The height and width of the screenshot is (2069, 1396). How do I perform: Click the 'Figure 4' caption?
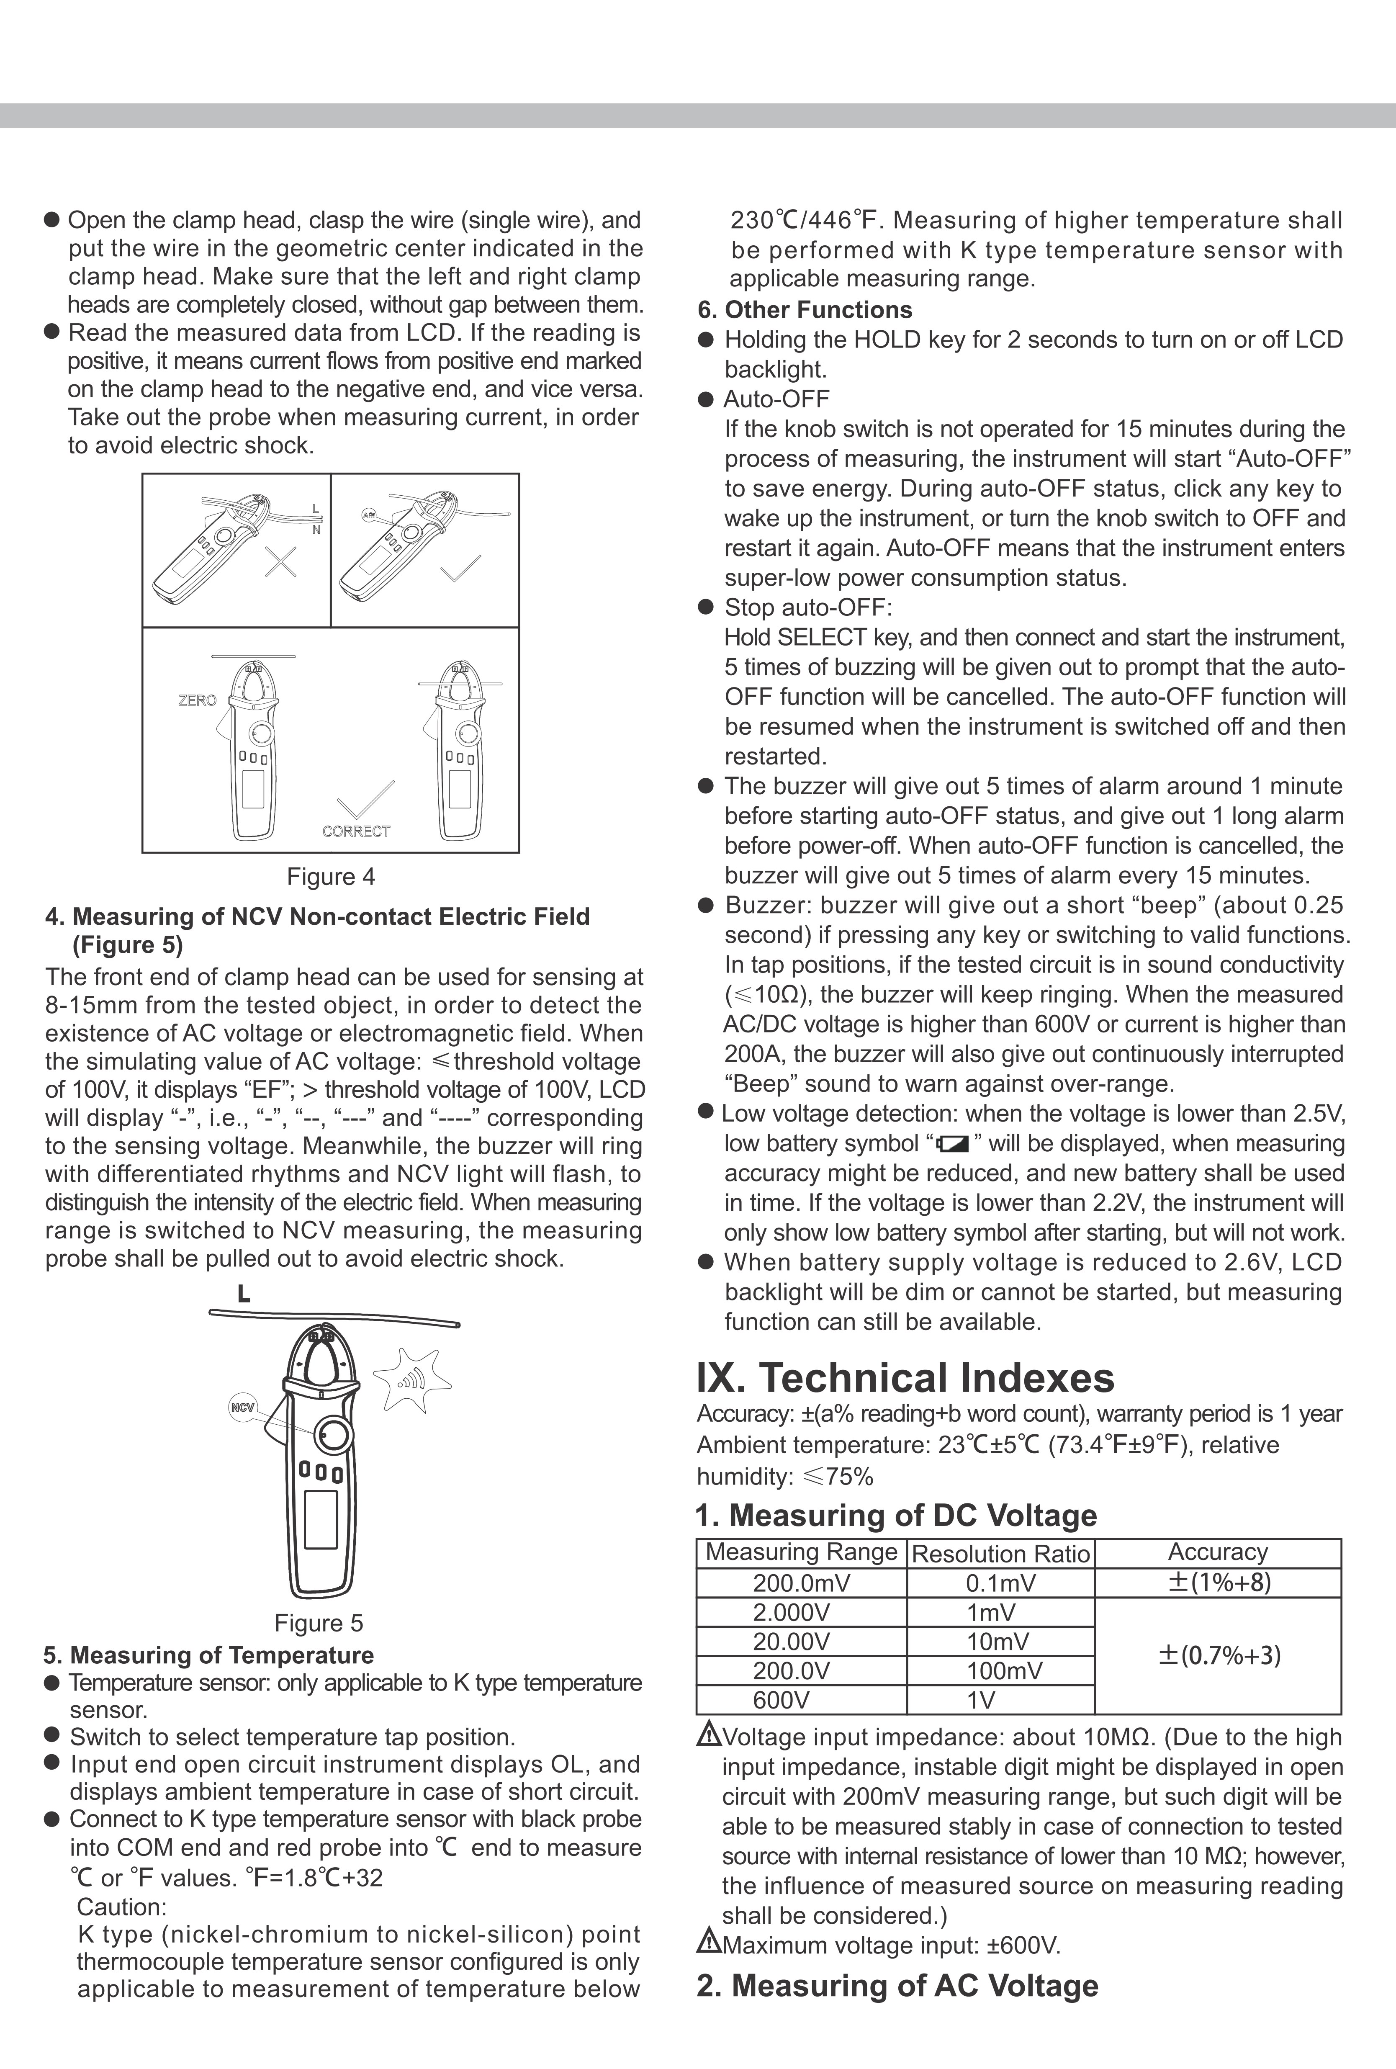coord(330,877)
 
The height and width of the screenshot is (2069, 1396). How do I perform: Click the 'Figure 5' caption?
coord(319,1623)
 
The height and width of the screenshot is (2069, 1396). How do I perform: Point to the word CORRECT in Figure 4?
coord(356,831)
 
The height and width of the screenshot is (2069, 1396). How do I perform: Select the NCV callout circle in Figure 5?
coord(242,1408)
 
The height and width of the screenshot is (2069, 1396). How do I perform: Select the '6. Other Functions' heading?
coord(805,310)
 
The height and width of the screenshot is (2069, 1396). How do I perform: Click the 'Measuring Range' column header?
coord(801,1552)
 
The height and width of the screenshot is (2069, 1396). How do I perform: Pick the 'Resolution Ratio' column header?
coord(1001,1554)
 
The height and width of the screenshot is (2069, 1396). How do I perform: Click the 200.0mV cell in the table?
coord(801,1583)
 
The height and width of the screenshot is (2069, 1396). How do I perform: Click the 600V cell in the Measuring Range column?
coord(782,1701)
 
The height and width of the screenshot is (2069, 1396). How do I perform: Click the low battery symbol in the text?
coord(954,1144)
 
